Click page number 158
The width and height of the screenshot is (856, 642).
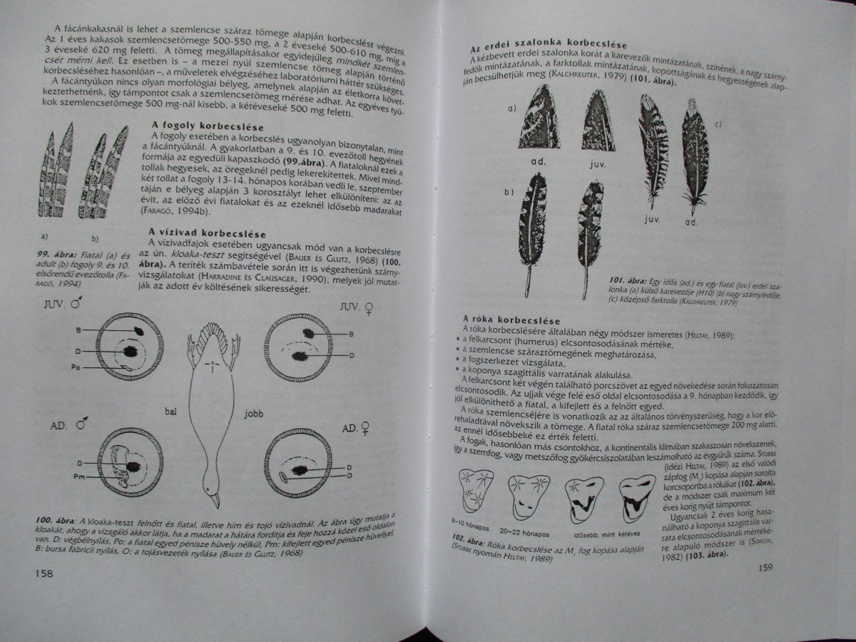[x=44, y=574]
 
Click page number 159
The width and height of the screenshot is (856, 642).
[x=765, y=568]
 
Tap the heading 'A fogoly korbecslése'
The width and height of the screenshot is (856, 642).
[x=208, y=126]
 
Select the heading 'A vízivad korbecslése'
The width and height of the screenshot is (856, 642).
[x=207, y=233]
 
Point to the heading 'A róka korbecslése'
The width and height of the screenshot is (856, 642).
[x=511, y=320]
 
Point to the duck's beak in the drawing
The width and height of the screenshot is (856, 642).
[x=215, y=499]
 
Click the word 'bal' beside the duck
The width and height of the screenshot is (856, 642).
[x=170, y=411]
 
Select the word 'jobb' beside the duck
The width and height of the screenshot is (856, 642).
[x=254, y=413]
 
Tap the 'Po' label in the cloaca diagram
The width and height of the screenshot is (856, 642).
[x=76, y=367]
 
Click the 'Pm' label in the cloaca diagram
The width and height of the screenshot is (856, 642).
[x=79, y=477]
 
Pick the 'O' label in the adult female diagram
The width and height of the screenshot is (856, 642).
[x=350, y=476]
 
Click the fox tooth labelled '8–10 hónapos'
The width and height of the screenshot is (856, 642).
[x=477, y=491]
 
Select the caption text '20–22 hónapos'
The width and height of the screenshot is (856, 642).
[x=524, y=532]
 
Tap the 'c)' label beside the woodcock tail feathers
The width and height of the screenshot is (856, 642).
[x=718, y=124]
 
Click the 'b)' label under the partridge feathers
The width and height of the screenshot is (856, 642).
[x=95, y=238]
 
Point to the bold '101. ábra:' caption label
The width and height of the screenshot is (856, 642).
[x=628, y=280]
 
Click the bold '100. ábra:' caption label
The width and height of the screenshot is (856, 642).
[x=57, y=521]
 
